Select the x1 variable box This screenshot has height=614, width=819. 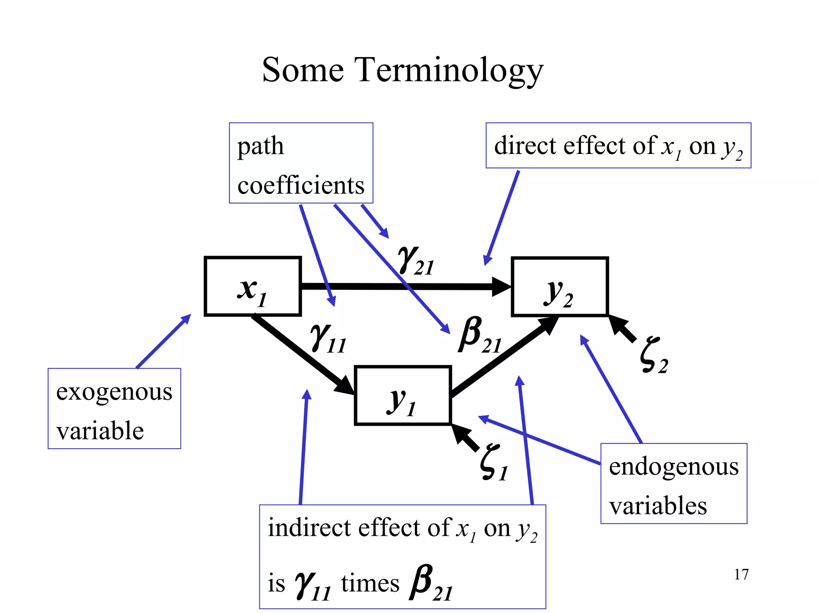252,287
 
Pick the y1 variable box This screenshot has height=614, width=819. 403,395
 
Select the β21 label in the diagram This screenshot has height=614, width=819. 479,336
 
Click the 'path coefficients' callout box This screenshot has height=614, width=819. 301,163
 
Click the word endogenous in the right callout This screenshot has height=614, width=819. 673,467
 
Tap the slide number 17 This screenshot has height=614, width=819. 741,574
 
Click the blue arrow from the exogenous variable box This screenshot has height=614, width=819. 163,341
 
